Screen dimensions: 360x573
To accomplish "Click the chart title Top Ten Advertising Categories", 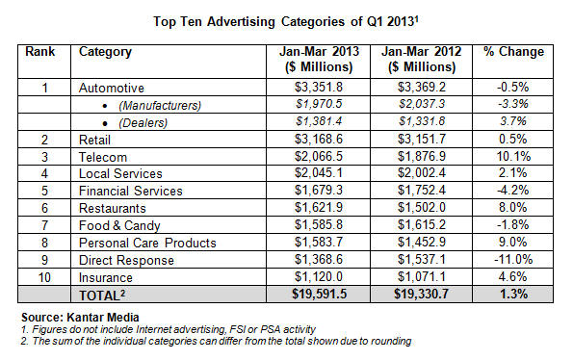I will (286, 19).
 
